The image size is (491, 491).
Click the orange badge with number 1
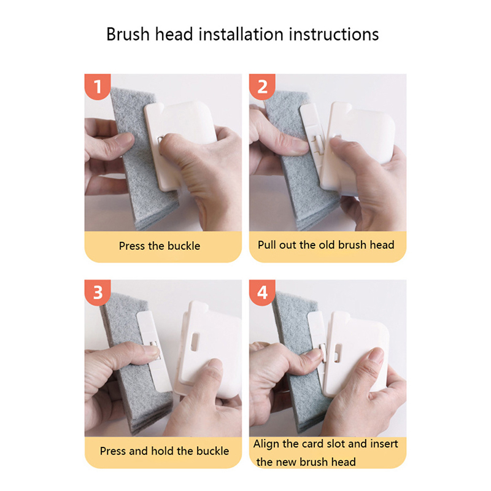click(x=98, y=87)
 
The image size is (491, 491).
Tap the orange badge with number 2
click(x=262, y=87)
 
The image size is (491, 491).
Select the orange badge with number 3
click(x=98, y=293)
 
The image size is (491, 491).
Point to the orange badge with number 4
click(x=262, y=293)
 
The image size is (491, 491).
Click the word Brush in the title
click(x=128, y=34)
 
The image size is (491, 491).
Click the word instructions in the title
click(x=334, y=34)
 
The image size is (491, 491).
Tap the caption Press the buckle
click(x=160, y=246)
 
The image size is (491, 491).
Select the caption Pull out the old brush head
click(x=326, y=245)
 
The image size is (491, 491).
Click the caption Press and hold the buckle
click(x=164, y=451)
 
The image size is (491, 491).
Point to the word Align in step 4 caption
click(x=266, y=444)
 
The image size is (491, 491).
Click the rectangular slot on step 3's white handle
click(x=195, y=342)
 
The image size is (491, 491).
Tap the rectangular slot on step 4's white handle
click(x=338, y=352)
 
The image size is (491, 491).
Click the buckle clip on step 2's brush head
click(x=317, y=145)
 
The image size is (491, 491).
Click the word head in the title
click(x=174, y=34)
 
